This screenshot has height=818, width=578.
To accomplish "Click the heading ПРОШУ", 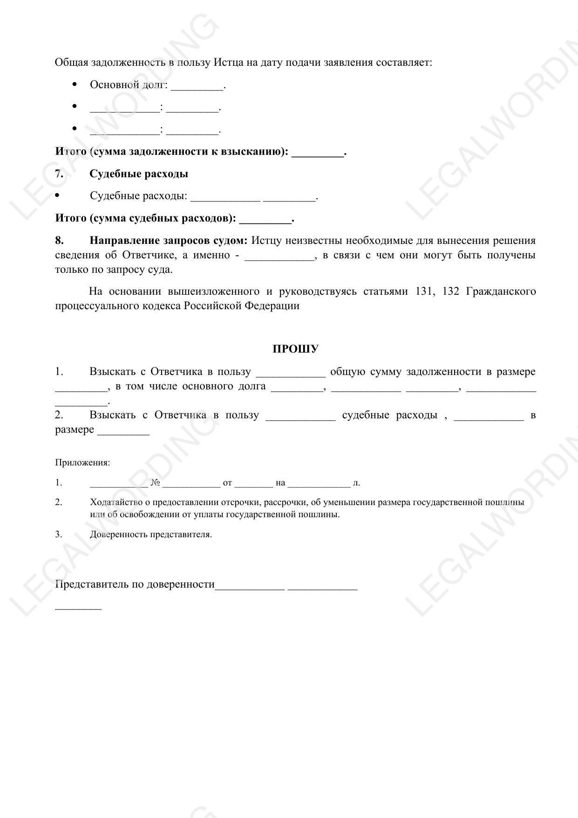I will point(295,349).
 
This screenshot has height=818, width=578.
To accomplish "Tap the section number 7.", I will point(59,174).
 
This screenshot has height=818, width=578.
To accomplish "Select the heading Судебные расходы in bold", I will point(139,174).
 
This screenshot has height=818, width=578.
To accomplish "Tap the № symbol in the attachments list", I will point(155,483).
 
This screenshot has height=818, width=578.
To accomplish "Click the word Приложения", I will point(82,463).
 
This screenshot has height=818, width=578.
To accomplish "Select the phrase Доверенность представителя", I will point(151,534).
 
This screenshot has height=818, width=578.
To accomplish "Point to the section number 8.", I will point(59,241).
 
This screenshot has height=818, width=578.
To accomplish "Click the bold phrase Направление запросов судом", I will point(169,241).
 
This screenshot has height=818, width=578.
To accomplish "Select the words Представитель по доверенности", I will point(135,584).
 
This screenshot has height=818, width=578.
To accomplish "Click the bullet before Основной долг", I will point(75,84).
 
